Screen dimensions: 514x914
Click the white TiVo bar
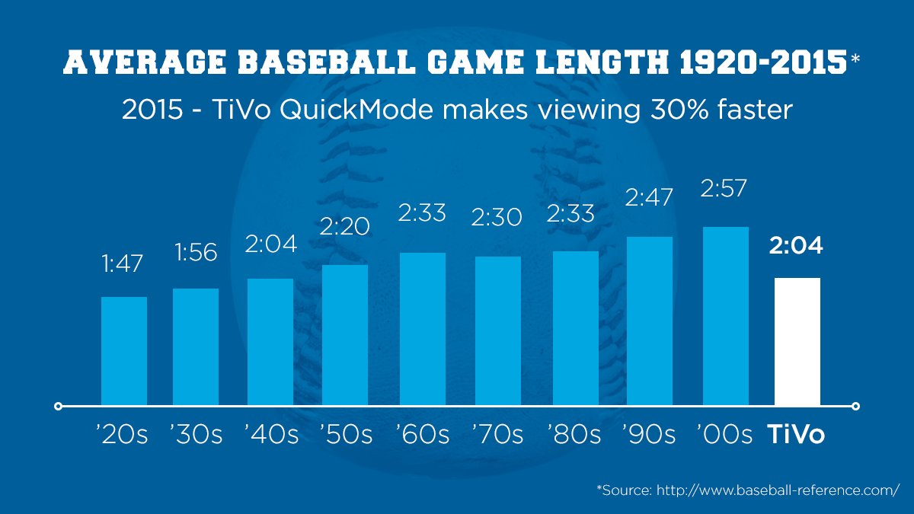click(x=797, y=341)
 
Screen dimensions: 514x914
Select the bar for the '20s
click(x=124, y=351)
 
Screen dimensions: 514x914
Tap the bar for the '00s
click(x=726, y=316)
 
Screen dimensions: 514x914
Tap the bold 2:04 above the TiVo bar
click(x=797, y=246)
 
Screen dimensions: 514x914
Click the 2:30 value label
click(x=497, y=218)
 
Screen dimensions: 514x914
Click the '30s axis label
click(x=196, y=435)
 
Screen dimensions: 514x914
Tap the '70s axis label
click(x=497, y=435)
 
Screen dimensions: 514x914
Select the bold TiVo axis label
click(x=797, y=435)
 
